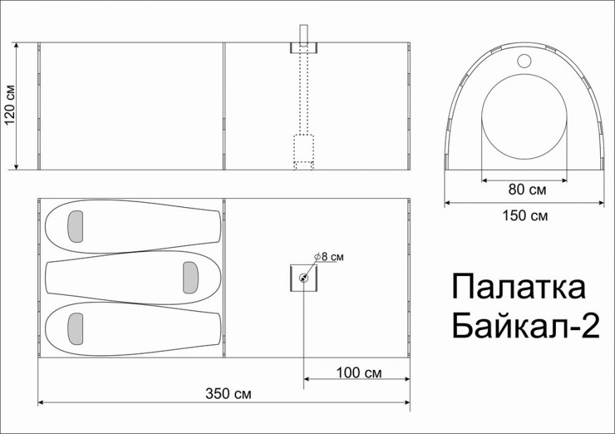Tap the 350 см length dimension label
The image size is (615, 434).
[x=228, y=393]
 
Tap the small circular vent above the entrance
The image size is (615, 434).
[x=524, y=60]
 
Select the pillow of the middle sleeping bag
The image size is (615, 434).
[x=190, y=277]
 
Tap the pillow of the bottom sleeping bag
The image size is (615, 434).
[x=75, y=329]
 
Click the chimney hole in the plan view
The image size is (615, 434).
[x=304, y=278]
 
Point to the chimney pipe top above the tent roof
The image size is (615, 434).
[x=304, y=33]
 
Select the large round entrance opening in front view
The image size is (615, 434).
[x=524, y=119]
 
